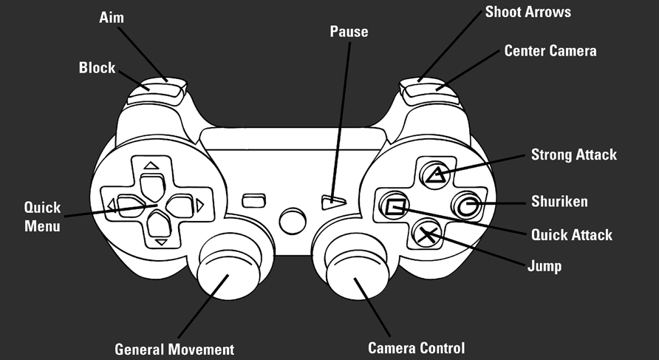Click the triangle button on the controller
[435, 175]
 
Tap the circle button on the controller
[466, 206]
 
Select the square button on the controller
[395, 206]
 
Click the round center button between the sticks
[293, 221]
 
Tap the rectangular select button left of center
[254, 200]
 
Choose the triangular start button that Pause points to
[333, 203]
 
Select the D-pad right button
[180, 206]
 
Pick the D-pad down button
[159, 224]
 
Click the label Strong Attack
[574, 154]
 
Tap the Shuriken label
[559, 201]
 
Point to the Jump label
[544, 266]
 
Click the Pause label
[349, 32]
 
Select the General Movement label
[174, 350]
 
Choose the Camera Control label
[417, 348]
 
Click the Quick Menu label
[42, 217]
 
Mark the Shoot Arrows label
[528, 12]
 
